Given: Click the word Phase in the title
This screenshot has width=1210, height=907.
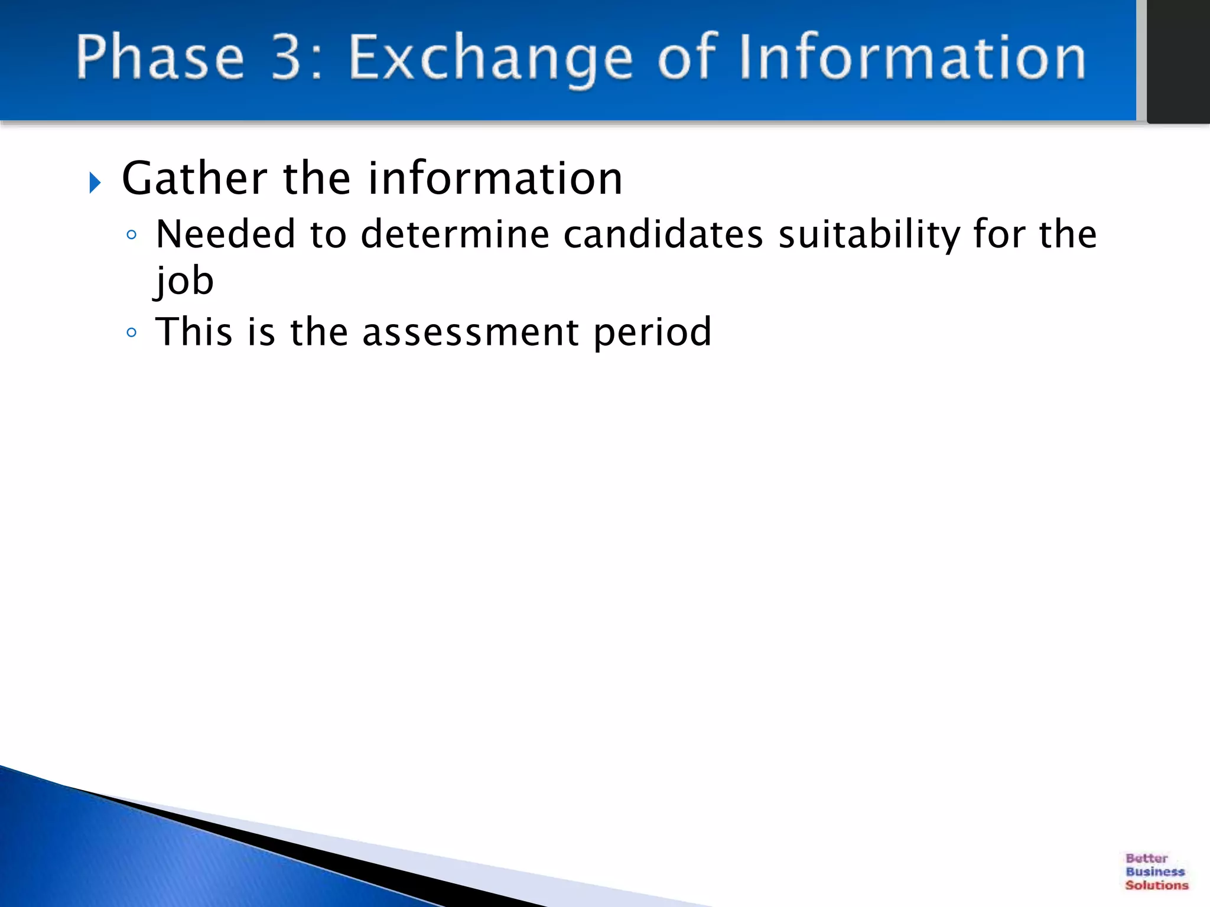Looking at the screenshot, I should coord(160,57).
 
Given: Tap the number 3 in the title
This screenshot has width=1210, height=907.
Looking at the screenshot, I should coord(287,57).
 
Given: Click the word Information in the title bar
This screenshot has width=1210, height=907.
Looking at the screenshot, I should coord(912,57).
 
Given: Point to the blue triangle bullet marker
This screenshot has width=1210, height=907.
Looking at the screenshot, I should coord(95,182).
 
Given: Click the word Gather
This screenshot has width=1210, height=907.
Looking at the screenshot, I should coord(194,178).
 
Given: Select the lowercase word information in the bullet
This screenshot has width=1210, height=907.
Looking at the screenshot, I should coord(495,178).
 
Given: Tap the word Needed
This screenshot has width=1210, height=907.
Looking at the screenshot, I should coord(225,234).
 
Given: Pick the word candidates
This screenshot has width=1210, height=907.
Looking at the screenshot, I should coord(663,234).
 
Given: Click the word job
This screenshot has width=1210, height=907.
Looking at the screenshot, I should coord(184,282).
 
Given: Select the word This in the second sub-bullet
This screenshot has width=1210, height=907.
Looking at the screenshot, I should coord(194,332).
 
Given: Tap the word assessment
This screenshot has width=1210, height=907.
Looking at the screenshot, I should coord(470,333).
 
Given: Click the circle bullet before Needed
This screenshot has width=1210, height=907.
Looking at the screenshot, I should coord(132,236).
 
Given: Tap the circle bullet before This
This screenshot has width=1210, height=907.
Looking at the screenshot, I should coord(132,333).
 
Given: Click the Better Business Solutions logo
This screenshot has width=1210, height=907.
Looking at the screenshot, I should coord(1156,871).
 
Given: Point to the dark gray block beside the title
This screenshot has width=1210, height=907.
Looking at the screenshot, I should coord(1178,59).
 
